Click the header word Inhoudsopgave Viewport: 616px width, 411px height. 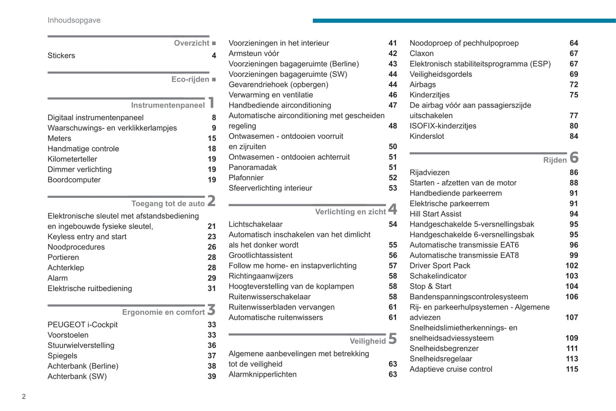[74, 20]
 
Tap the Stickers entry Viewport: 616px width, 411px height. [61, 56]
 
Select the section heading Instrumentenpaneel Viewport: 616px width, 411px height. [168, 105]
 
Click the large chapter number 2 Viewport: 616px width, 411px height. [211, 201]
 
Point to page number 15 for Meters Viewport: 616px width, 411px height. [212, 139]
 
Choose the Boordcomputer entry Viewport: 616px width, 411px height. [74, 180]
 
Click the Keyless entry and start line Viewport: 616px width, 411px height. [87, 237]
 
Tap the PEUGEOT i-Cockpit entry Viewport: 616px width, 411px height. [83, 325]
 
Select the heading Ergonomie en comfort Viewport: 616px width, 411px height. [163, 313]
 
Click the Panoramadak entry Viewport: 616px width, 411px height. [253, 168]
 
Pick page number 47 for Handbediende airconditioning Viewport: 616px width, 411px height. [393, 105]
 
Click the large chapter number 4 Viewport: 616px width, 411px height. [393, 209]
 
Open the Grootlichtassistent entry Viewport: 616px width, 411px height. [260, 255]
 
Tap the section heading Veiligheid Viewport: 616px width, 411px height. [367, 341]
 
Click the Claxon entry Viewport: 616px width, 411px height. [422, 54]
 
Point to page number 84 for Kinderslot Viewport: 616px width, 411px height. [574, 136]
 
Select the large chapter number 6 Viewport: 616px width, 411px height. [574, 157]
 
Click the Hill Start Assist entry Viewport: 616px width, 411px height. [435, 214]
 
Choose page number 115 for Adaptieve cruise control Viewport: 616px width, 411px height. [572, 369]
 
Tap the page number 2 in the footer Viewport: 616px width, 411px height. [24, 397]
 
